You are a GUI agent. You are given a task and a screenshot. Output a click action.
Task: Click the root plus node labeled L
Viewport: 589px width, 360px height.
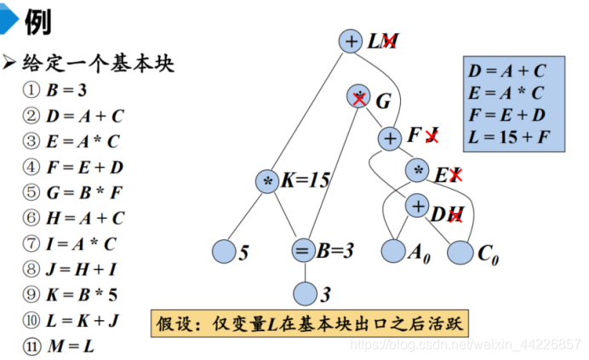[351, 41]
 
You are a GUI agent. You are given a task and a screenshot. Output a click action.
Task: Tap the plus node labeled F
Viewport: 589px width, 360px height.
[390, 138]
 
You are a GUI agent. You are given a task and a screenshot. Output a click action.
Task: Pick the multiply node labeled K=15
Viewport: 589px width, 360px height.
[267, 181]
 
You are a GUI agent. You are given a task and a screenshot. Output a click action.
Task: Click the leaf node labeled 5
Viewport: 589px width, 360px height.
[224, 251]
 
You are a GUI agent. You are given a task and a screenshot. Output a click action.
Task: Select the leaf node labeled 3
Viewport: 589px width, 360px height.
[306, 294]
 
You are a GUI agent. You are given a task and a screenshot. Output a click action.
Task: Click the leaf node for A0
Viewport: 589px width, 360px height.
[393, 251]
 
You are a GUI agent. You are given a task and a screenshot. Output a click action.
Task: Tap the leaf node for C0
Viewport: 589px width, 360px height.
[460, 253]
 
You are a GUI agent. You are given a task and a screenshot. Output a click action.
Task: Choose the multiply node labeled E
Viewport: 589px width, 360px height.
[418, 170]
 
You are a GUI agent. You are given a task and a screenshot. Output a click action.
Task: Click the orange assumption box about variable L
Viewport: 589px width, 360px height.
[311, 323]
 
